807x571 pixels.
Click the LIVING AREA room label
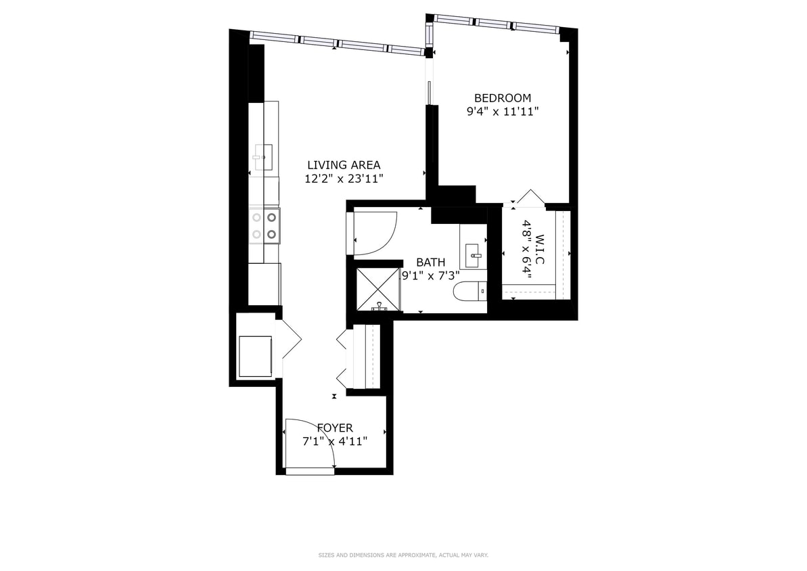point(344,164)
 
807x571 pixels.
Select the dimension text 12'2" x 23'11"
point(344,179)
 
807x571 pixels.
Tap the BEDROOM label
point(502,98)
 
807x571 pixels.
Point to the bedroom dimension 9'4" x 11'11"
point(502,112)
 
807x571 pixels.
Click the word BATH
point(430,262)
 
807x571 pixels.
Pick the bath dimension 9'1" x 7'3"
point(430,275)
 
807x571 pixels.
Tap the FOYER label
point(335,428)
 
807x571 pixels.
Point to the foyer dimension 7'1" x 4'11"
point(335,441)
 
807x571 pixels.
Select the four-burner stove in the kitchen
point(264,225)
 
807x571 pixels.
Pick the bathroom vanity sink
point(474,251)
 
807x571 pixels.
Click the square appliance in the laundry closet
point(256,355)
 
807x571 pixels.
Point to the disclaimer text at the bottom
point(403,555)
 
